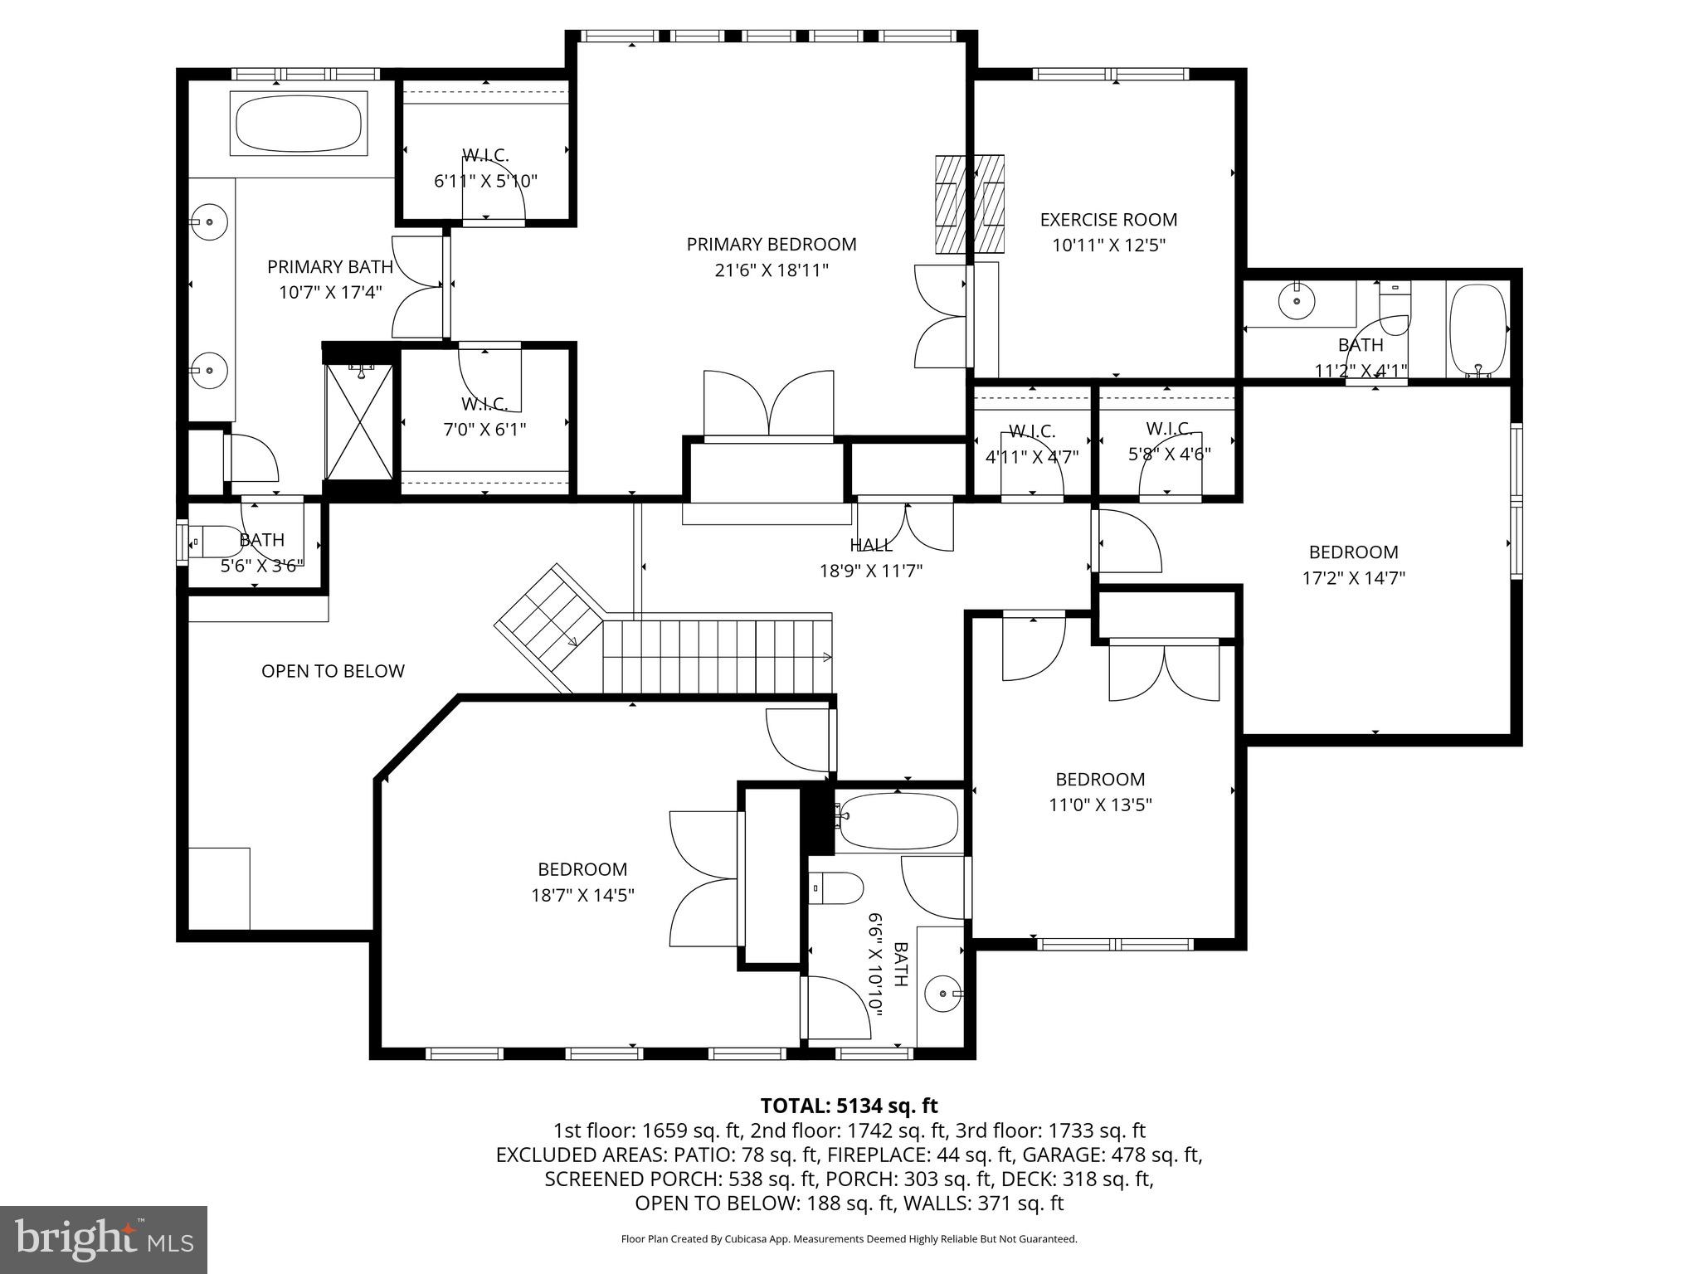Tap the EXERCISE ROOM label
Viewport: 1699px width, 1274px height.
tap(1108, 220)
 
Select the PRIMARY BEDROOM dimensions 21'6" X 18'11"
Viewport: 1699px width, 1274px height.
tap(771, 270)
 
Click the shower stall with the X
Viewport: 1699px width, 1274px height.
tap(358, 422)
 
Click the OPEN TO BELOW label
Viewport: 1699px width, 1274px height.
tap(333, 671)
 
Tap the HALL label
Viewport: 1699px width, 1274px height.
tap(870, 545)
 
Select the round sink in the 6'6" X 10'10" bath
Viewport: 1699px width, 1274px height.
tap(945, 993)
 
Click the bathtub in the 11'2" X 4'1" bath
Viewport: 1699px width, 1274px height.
tap(1477, 330)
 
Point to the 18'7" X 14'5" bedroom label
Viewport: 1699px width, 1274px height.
tap(582, 869)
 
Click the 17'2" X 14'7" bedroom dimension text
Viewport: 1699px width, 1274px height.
tap(1353, 578)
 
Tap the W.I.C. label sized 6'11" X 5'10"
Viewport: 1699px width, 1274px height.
tap(485, 155)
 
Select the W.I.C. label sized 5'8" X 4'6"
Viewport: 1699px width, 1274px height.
tap(1169, 429)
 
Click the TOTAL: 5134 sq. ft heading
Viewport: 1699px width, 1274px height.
tap(849, 1106)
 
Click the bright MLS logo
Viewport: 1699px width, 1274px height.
tap(104, 1239)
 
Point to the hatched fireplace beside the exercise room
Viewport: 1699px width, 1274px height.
tap(969, 204)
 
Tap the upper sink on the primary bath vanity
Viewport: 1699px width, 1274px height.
tap(210, 222)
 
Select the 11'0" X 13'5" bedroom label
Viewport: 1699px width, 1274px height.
tap(1100, 780)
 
